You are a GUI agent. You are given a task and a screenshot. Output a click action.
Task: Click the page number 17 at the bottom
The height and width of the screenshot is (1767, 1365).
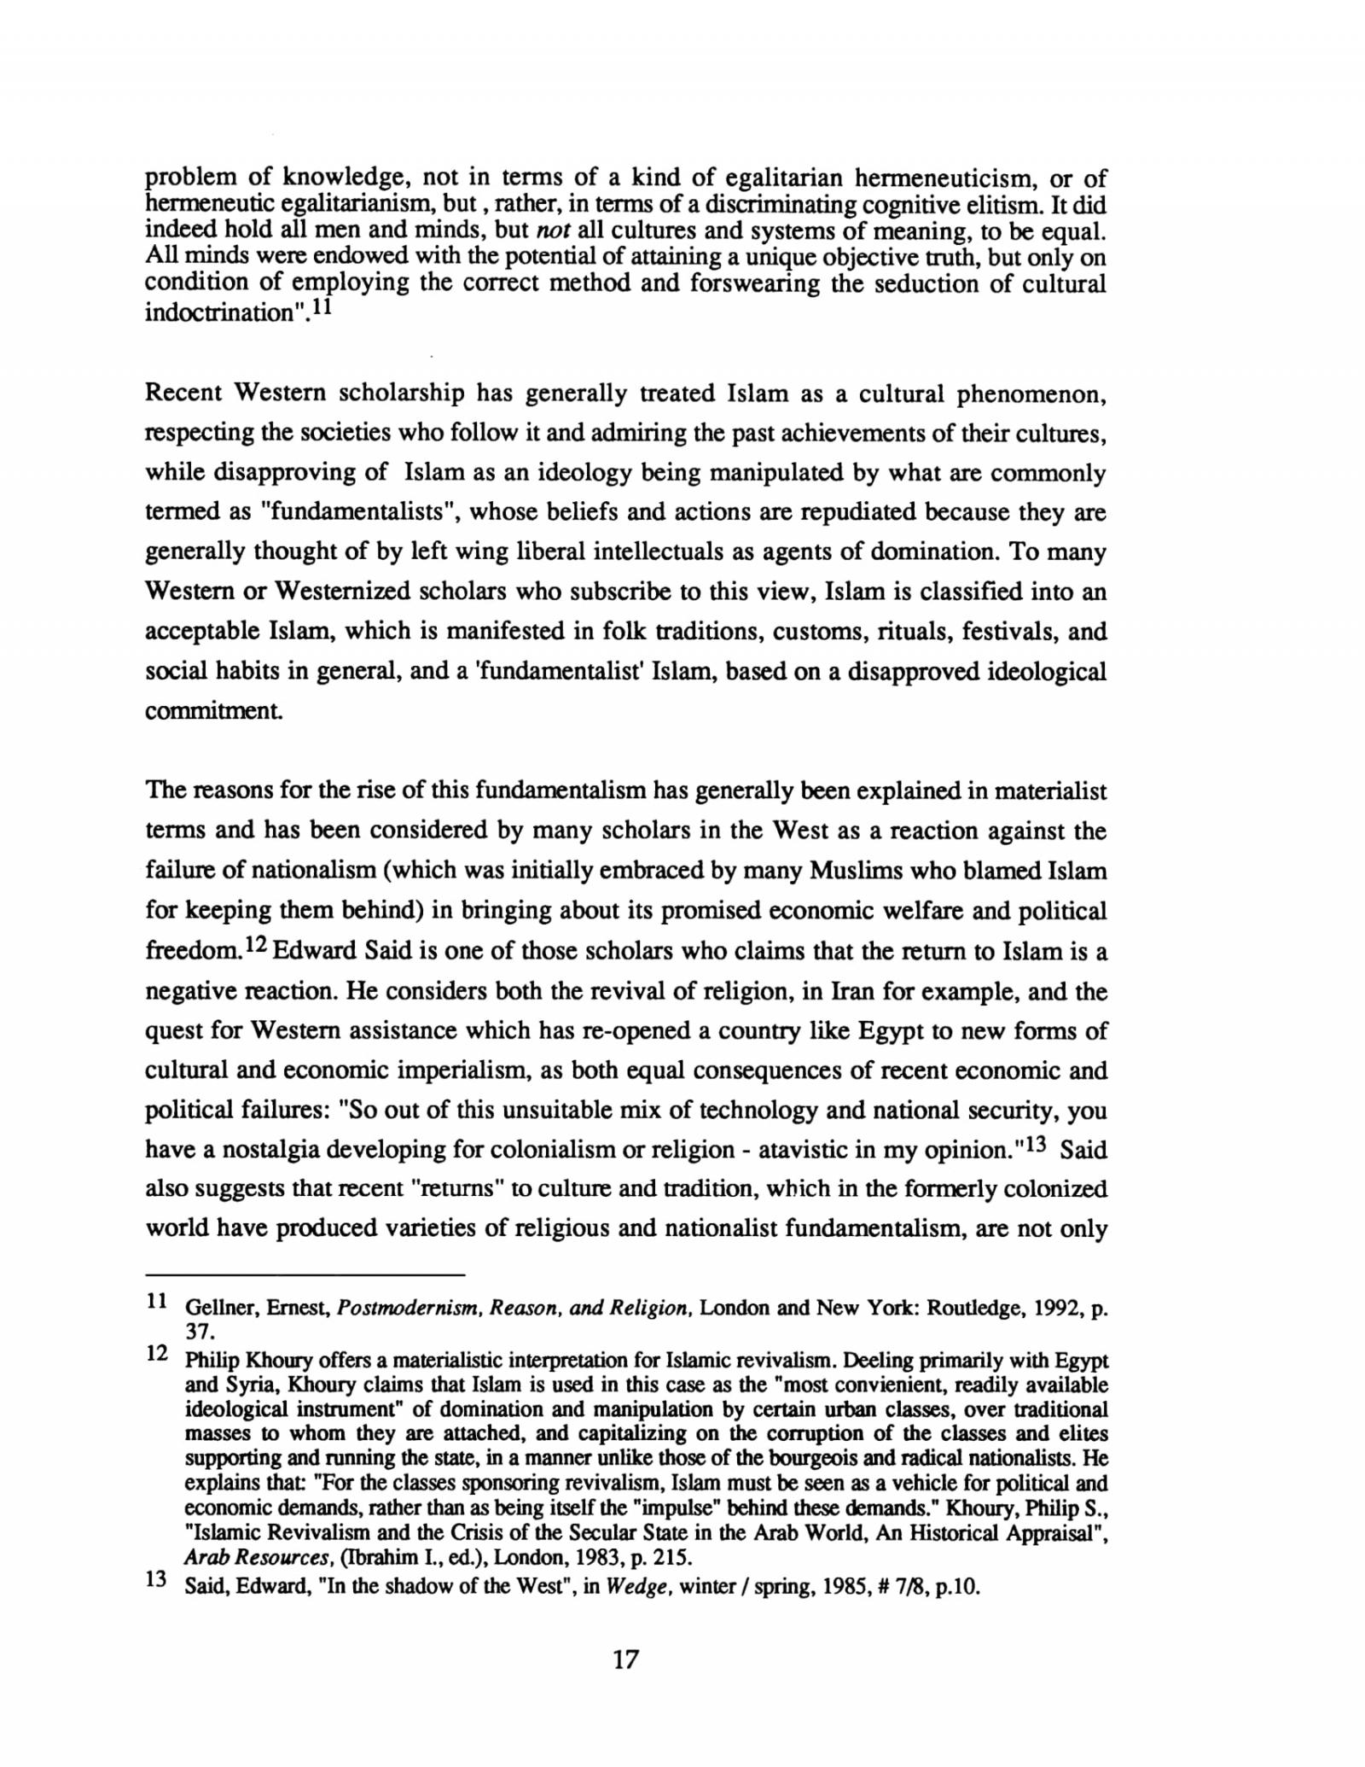[x=624, y=1683]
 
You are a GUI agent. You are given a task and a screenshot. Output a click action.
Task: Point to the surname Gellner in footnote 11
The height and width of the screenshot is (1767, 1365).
[x=212, y=1308]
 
